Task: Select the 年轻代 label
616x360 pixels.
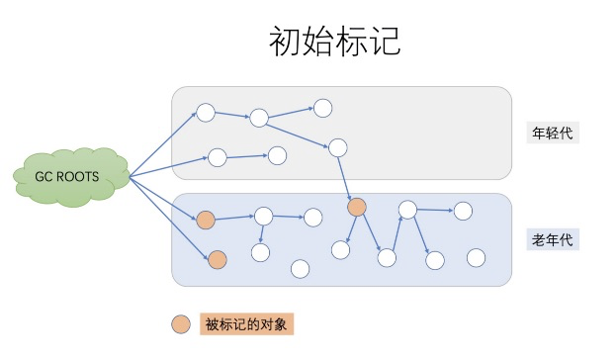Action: [x=552, y=134]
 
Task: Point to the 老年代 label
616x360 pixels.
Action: [x=552, y=239]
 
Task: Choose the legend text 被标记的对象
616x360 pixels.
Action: [x=246, y=323]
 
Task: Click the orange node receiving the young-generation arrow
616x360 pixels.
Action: [x=357, y=207]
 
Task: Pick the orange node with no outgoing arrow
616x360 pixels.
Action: [x=218, y=260]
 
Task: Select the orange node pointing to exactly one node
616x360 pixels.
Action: [x=206, y=219]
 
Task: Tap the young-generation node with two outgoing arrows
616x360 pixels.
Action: [x=259, y=119]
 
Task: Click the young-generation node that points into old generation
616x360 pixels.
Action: [x=337, y=147]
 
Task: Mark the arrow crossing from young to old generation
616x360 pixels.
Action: [x=347, y=177]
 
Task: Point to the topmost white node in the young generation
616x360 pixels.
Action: [x=322, y=107]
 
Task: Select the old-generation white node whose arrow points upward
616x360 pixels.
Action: [x=387, y=257]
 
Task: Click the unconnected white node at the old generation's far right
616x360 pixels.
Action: [x=476, y=257]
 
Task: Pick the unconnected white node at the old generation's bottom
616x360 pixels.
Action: [x=300, y=268]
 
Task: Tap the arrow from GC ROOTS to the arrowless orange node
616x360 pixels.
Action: [x=170, y=220]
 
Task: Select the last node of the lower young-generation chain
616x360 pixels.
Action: [x=278, y=154]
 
